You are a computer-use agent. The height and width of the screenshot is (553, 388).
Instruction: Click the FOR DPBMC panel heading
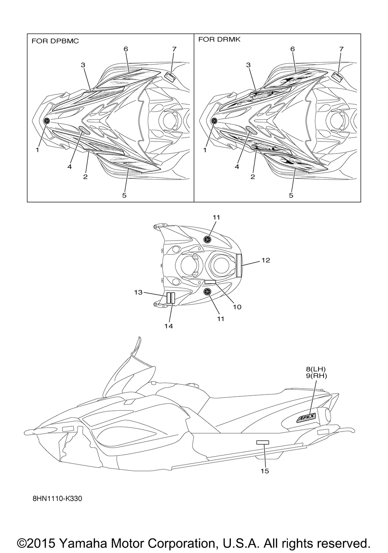(x=55, y=41)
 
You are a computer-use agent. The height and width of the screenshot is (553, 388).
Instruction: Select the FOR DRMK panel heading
(x=219, y=40)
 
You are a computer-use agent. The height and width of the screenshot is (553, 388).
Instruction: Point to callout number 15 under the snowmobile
(x=265, y=471)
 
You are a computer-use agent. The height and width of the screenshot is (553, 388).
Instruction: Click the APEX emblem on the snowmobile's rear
(x=307, y=417)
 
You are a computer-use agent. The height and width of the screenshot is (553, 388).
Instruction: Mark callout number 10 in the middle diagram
(x=237, y=307)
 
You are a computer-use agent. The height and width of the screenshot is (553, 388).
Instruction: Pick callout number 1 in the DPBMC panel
(x=38, y=150)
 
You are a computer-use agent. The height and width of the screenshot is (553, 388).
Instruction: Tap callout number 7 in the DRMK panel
(x=341, y=49)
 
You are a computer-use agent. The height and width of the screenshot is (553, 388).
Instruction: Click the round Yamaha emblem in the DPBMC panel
(x=47, y=120)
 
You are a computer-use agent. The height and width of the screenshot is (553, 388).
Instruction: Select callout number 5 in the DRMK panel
(x=291, y=195)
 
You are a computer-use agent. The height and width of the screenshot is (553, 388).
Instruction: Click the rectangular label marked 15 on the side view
(x=262, y=442)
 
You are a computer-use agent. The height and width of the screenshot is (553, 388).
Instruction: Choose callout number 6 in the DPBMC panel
(x=126, y=49)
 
